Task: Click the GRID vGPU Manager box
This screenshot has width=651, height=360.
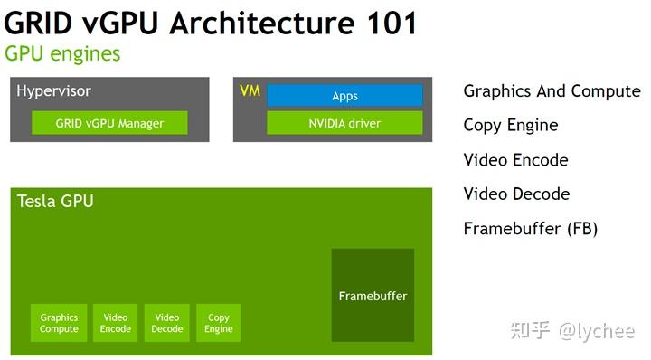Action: tap(109, 123)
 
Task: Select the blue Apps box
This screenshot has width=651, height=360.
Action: tap(344, 96)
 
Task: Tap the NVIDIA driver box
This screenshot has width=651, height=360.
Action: tap(344, 123)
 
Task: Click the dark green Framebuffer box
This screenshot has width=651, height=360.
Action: tap(373, 296)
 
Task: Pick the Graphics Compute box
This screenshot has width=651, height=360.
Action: tap(59, 323)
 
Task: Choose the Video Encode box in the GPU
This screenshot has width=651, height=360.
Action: tap(116, 323)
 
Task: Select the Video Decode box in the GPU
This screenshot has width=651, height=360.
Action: tap(167, 323)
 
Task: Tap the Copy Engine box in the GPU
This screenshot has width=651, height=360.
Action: tap(219, 323)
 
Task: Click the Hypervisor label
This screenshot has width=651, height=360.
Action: tap(53, 91)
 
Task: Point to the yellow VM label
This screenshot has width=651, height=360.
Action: tap(250, 91)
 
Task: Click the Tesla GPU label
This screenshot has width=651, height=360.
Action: tap(55, 201)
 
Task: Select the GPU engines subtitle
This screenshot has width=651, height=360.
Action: tap(62, 53)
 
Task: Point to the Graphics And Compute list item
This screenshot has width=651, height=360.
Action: tap(552, 91)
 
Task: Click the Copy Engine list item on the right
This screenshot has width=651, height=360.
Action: tap(510, 126)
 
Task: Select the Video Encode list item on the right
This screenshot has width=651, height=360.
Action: tap(515, 160)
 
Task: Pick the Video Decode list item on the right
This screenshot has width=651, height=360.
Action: tap(516, 194)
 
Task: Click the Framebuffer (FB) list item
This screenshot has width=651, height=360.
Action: tap(530, 229)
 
